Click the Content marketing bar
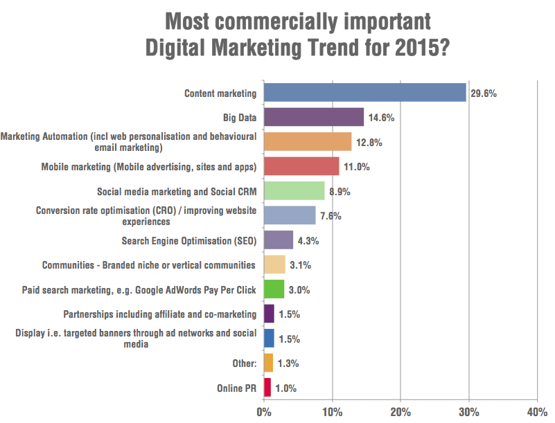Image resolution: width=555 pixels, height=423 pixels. coord(364,92)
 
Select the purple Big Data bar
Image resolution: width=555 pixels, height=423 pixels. coord(313,117)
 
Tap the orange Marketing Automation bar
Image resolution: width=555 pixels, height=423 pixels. coord(307,142)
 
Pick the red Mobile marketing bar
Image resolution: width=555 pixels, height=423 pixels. coord(301,166)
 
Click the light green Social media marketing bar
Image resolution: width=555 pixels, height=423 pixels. coord(294,190)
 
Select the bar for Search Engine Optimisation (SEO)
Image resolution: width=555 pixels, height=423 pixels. coord(278,240)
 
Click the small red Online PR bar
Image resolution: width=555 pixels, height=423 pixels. coord(267,388)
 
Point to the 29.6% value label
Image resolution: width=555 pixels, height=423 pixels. coord(484,93)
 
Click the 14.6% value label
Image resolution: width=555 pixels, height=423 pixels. coord(381,118)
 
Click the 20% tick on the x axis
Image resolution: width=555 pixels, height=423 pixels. coord(400,412)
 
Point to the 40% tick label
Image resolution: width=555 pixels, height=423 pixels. coord(537,412)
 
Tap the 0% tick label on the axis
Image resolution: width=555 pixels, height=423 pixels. coord(263,412)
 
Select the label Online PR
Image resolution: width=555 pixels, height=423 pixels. coord(236,388)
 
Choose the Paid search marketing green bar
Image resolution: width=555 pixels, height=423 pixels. coord(274,289)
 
